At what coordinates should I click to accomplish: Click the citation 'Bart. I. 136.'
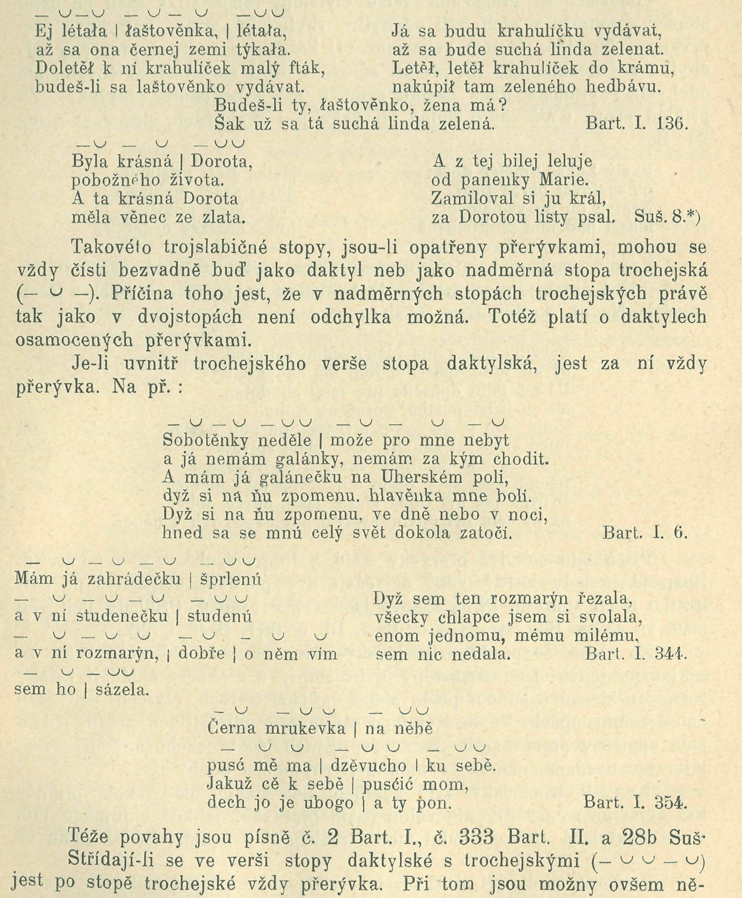pyautogui.click(x=637, y=124)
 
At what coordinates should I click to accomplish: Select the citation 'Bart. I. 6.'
pyautogui.click(x=646, y=532)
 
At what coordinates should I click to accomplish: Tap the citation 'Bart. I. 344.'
pyautogui.click(x=636, y=654)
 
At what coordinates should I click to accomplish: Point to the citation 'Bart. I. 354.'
pyautogui.click(x=635, y=802)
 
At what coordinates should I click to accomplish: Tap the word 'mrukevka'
pyautogui.click(x=303, y=729)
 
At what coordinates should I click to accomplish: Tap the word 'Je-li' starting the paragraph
pyautogui.click(x=92, y=364)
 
